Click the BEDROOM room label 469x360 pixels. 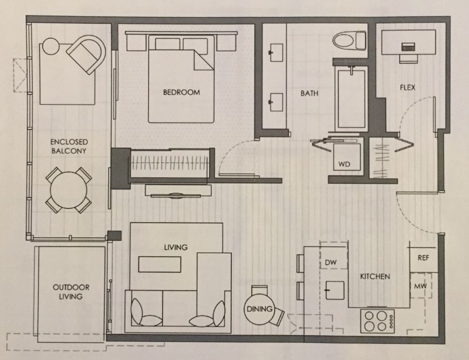[x=181, y=92]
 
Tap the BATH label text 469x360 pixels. [x=309, y=93]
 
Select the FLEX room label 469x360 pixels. [x=408, y=87]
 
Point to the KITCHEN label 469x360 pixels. [x=375, y=276]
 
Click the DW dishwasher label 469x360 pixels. [x=331, y=263]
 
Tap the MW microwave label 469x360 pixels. [x=421, y=286]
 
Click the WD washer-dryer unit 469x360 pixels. [x=347, y=157]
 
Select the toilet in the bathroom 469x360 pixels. [x=349, y=41]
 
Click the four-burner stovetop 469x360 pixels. [x=377, y=321]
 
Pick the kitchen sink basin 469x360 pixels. [x=335, y=290]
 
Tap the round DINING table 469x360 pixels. [x=259, y=309]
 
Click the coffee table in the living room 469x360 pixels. [x=160, y=264]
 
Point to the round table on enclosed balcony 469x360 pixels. [x=68, y=190]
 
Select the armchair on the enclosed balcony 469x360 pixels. [x=87, y=54]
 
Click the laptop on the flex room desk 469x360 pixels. [x=409, y=47]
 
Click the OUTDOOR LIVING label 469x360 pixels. [x=71, y=292]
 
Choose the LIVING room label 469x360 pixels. [x=176, y=247]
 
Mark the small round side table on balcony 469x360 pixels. [x=51, y=47]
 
